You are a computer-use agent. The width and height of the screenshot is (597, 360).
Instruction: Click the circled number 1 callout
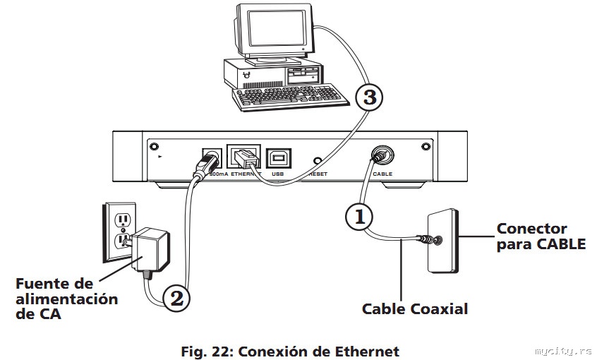point(358,217)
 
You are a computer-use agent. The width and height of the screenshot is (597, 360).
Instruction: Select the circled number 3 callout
point(369,97)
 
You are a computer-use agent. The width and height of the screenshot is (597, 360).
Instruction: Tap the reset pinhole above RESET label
point(318,161)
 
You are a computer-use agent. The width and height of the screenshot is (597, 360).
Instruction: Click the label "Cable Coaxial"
point(415,309)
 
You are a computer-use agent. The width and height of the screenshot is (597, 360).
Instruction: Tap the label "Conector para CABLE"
point(541,236)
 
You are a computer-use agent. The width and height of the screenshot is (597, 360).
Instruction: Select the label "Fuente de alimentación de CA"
point(66,299)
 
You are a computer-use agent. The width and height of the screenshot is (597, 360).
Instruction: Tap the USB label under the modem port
point(277,174)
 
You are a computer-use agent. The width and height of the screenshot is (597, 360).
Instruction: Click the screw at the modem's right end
point(426,146)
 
